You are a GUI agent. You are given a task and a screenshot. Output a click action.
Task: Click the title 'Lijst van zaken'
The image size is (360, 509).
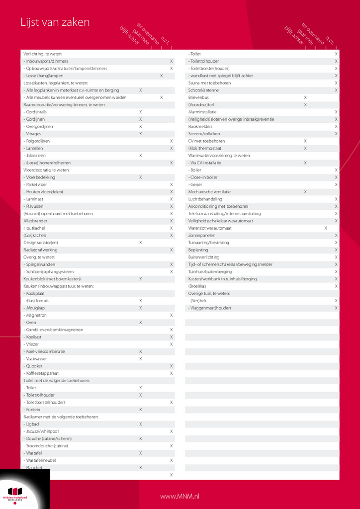coord(55,22)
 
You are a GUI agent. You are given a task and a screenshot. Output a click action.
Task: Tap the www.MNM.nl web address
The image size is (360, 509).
coord(180,496)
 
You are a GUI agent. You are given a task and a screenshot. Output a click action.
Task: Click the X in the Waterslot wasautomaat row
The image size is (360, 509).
coord(326,228)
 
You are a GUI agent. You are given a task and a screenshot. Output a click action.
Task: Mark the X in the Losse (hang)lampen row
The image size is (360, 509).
coord(161,76)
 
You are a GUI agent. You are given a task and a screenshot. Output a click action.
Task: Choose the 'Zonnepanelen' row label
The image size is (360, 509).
coord(201,235)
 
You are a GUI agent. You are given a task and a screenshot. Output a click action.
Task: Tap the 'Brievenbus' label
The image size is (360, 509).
coord(199,97)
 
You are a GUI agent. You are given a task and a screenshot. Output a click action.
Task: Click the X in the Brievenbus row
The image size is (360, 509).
coord(305,97)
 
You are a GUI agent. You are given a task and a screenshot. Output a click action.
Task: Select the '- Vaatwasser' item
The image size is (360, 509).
coord(35,358)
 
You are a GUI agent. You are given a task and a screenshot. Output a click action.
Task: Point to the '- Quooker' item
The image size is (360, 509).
coord(34,366)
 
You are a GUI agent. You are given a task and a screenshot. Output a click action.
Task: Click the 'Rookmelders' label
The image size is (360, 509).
coord(200,126)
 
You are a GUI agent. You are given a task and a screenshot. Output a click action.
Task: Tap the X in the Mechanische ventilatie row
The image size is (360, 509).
coord(305,192)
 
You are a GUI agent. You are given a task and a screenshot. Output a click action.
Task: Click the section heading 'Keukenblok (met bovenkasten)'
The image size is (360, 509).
coord(52,279)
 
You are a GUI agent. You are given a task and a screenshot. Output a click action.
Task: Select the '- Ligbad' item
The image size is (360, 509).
coord(32,424)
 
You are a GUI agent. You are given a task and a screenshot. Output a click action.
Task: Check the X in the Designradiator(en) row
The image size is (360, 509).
coord(141,243)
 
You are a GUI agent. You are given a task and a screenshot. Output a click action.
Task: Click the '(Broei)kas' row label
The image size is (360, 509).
coord(197,286)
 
